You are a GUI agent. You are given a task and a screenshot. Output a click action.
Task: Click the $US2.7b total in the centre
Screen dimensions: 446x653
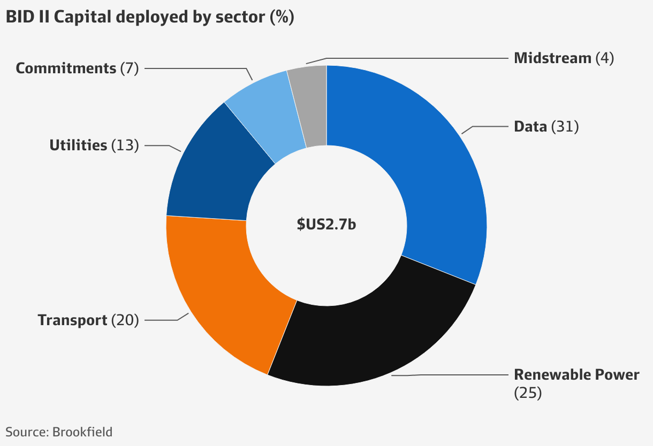(x=326, y=225)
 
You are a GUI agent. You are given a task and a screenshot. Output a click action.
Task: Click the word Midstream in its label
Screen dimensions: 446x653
(x=552, y=58)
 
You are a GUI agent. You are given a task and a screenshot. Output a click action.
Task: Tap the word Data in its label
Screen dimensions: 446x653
(x=530, y=127)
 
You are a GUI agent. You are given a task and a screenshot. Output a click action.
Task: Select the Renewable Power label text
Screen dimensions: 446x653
(x=576, y=374)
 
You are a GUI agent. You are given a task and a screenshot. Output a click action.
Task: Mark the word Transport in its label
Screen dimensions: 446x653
(x=72, y=320)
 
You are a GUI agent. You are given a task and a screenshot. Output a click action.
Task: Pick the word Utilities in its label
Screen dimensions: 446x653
(x=78, y=145)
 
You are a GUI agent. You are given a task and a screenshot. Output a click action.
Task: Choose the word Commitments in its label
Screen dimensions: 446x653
(x=66, y=68)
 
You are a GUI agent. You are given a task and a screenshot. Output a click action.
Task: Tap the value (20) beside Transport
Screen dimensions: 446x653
(x=125, y=320)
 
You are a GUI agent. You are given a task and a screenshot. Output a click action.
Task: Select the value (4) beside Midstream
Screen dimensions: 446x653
(x=604, y=58)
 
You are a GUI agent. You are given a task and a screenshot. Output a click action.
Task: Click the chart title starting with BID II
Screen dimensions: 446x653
(x=134, y=17)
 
